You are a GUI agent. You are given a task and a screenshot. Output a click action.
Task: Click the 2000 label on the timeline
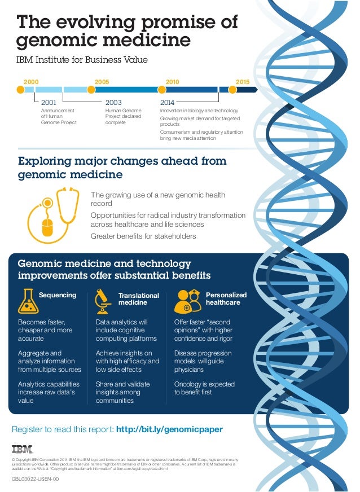click(31, 82)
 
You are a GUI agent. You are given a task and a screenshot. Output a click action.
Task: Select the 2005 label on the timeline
click(102, 82)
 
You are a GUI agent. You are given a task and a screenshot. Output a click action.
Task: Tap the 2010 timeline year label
click(172, 82)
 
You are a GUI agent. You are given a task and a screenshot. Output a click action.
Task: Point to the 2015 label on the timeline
click(243, 82)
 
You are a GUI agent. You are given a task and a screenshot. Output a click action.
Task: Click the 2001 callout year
click(49, 103)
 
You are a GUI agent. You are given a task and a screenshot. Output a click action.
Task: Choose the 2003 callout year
click(113, 103)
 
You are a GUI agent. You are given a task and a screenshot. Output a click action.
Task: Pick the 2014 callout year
click(168, 103)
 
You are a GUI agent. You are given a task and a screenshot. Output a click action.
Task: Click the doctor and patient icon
click(188, 301)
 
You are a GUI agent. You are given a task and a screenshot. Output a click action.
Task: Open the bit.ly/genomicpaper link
click(169, 430)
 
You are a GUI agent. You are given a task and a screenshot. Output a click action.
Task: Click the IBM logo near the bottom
click(23, 449)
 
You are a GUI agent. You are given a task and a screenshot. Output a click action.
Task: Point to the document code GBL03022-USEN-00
click(35, 479)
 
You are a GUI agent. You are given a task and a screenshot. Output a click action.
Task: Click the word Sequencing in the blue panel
click(57, 295)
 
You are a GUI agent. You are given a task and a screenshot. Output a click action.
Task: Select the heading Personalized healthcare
click(226, 298)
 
